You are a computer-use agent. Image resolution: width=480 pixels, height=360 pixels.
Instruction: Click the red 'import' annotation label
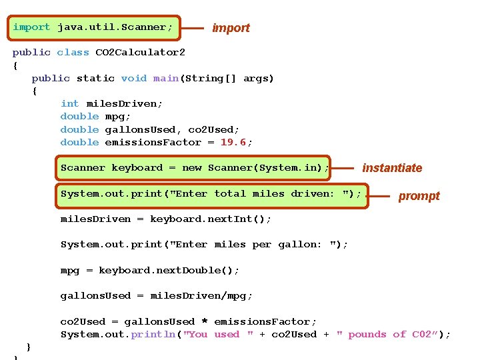[x=231, y=28]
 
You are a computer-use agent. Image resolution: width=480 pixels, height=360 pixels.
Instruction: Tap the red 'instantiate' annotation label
[x=392, y=168]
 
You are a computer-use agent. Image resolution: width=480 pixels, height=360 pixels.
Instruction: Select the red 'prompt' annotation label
[x=419, y=196]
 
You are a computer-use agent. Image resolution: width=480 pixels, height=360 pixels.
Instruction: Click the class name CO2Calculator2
[x=141, y=52]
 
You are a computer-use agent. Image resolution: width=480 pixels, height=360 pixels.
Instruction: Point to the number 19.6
[x=233, y=142]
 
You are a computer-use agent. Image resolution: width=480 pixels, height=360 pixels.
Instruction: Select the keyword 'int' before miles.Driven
[x=69, y=103]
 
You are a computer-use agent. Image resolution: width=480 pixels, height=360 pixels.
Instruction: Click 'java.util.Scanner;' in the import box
[x=115, y=27]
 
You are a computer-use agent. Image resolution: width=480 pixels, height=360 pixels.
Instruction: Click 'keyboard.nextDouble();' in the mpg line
[x=169, y=270]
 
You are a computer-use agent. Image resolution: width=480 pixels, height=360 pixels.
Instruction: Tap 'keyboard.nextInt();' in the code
[x=211, y=219]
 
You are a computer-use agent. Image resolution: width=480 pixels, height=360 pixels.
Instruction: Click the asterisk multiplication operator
[x=205, y=322]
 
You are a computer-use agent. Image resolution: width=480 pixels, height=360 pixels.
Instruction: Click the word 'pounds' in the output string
[x=367, y=335]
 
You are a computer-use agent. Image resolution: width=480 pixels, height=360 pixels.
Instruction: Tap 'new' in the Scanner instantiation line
[x=191, y=168]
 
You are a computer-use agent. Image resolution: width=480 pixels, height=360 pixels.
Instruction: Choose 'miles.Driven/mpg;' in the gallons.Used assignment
[x=201, y=296]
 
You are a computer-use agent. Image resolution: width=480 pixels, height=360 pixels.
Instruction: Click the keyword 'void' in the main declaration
[x=134, y=78]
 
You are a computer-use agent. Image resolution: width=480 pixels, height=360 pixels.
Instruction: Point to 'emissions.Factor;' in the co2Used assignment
[x=265, y=322]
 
